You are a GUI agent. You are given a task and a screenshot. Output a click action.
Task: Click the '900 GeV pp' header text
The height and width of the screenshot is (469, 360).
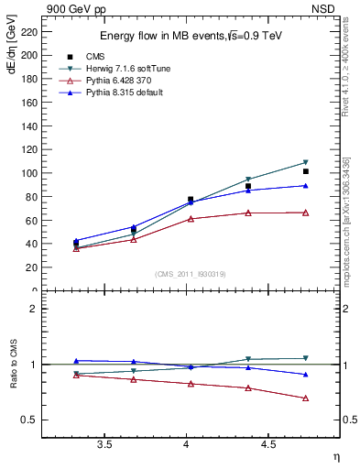click(x=76, y=7)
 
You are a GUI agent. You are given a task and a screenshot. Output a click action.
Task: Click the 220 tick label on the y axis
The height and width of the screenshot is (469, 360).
click(x=30, y=31)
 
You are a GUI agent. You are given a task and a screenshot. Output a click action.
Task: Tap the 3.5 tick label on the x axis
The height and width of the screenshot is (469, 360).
click(x=104, y=444)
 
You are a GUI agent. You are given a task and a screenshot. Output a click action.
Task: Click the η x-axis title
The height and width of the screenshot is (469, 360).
click(x=335, y=456)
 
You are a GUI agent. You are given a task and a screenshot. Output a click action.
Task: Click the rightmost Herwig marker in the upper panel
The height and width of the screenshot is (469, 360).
click(x=306, y=162)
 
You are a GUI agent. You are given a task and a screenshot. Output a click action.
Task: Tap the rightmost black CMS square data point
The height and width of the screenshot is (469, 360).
click(x=306, y=171)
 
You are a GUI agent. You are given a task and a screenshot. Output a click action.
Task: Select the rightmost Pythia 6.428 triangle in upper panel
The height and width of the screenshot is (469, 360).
click(x=306, y=213)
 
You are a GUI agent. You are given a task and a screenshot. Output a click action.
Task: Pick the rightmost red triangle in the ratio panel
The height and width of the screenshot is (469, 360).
click(x=306, y=398)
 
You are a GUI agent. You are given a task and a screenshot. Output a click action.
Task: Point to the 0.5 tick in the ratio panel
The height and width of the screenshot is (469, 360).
click(x=31, y=420)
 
